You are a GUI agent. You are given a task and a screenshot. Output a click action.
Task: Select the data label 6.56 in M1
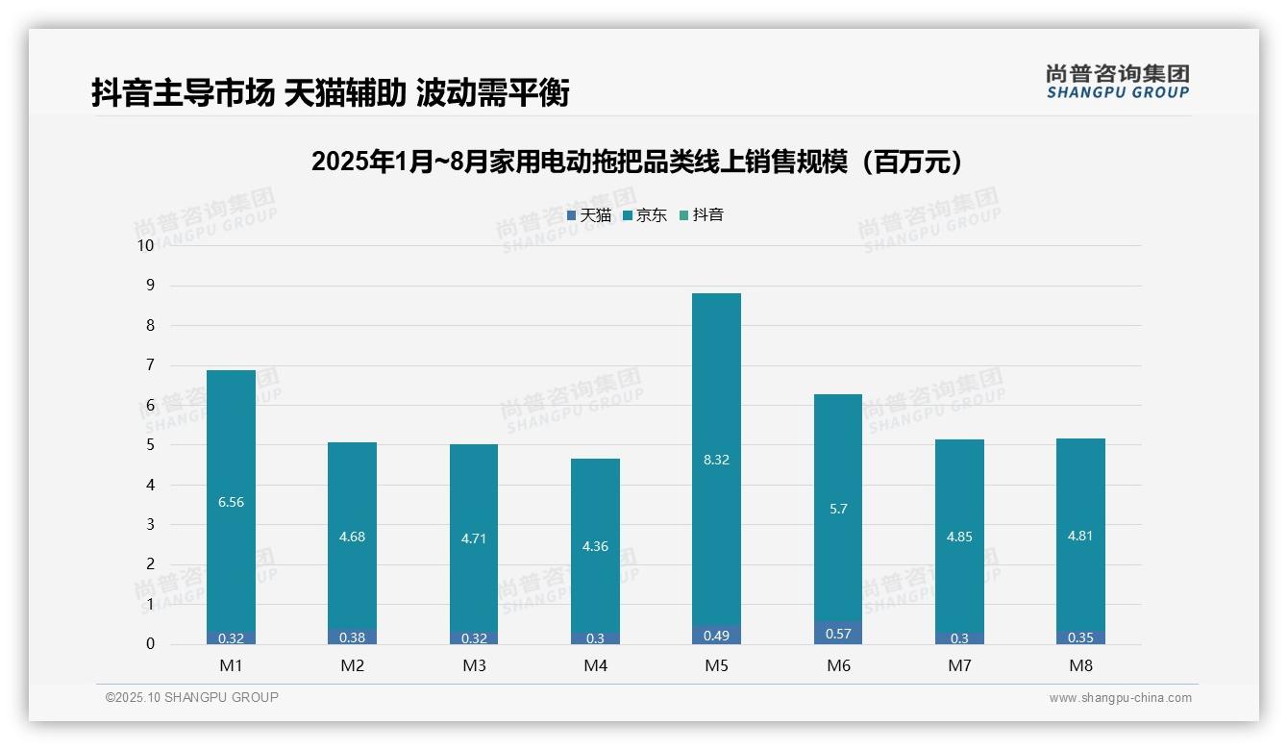(231, 502)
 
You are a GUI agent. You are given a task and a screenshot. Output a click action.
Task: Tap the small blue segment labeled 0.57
(837, 634)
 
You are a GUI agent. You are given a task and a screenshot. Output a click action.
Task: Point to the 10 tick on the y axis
(145, 245)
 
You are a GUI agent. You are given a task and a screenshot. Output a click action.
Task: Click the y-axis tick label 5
(150, 445)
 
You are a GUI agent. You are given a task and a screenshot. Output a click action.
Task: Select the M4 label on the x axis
(595, 665)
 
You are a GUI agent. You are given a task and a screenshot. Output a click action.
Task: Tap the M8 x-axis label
(1080, 665)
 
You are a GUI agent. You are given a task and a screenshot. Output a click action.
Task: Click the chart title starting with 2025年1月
(637, 162)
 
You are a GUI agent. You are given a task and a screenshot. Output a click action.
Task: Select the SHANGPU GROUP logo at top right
(1117, 82)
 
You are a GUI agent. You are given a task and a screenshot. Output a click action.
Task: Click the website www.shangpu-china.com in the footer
(1120, 698)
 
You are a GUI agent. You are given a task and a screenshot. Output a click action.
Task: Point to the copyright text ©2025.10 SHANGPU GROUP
(192, 698)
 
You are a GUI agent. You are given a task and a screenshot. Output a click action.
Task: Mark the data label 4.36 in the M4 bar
(595, 546)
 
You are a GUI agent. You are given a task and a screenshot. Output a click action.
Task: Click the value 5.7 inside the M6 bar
(837, 509)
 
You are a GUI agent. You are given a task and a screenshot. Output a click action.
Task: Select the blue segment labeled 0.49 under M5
(716, 635)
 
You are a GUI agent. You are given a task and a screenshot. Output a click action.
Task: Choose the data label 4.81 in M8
(1080, 536)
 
